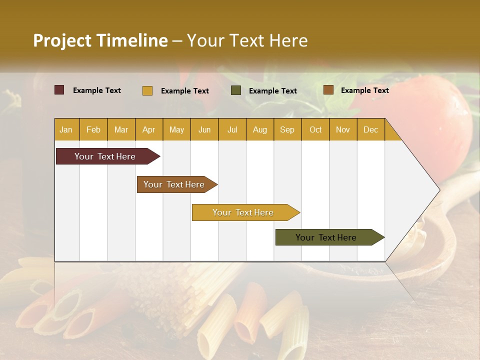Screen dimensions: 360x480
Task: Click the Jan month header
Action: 66,129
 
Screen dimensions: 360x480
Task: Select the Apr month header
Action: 148,129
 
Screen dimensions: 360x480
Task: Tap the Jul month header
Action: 232,129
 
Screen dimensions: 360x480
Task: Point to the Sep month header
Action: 287,129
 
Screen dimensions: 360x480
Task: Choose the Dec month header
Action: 370,129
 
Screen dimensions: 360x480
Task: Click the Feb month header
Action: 93,129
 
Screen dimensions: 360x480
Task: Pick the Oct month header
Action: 315,129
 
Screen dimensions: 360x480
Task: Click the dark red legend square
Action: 59,90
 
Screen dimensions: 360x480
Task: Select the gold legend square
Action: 147,90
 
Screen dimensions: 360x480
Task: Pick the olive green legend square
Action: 236,90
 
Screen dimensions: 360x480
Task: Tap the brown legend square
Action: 328,90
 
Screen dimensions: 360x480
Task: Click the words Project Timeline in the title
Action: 100,40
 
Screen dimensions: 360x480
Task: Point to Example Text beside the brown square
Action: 364,90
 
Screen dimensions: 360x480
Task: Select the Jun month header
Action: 204,129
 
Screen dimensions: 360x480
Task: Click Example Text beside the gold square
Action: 184,91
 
